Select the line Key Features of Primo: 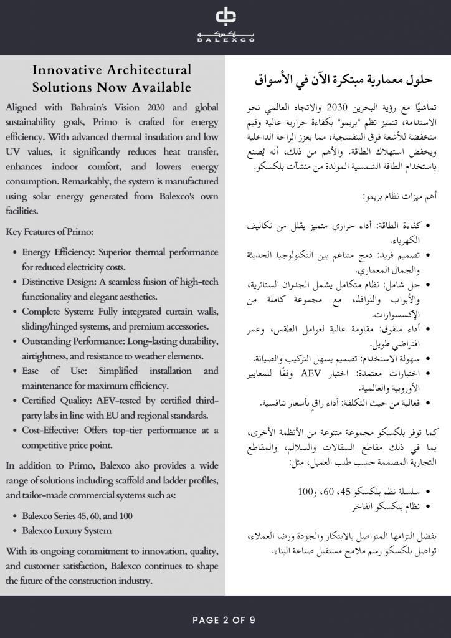49,232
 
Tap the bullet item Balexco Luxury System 67,531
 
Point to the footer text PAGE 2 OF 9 224,620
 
